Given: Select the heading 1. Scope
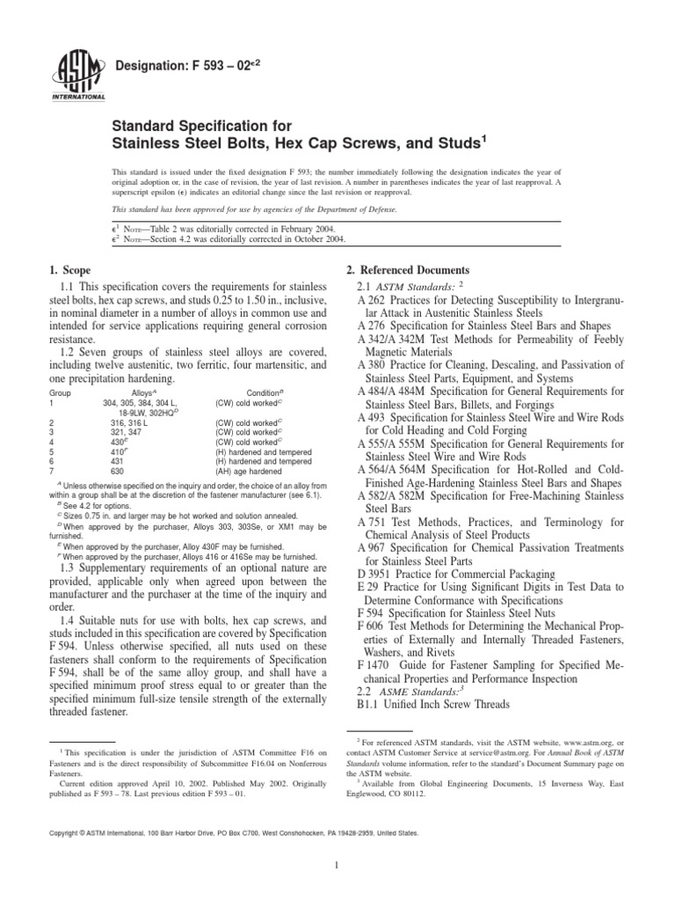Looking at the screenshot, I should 70,269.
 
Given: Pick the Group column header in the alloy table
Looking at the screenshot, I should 59,394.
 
